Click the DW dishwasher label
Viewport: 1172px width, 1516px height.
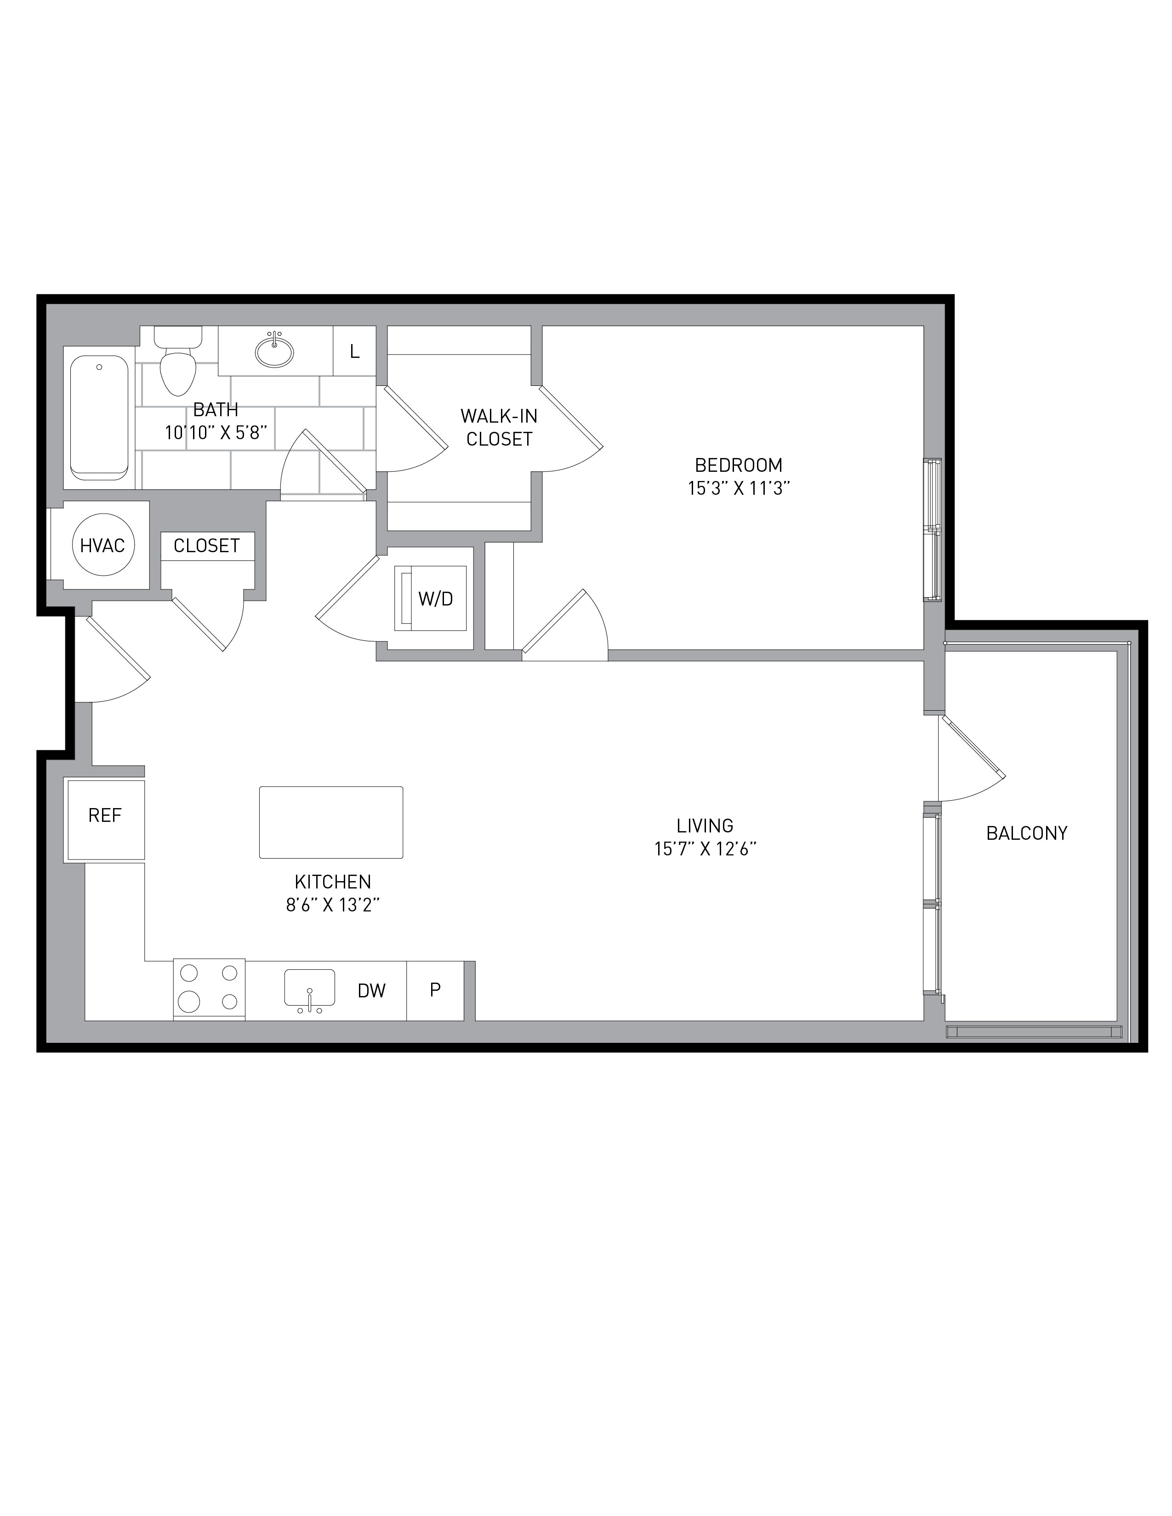point(371,990)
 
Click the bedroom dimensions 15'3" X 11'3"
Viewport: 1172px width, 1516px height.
point(739,488)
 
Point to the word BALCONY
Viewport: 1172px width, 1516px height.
point(1027,833)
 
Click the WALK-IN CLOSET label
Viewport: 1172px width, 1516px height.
point(499,428)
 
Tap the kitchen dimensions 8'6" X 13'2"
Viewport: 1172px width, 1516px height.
point(333,905)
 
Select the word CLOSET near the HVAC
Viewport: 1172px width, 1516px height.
point(206,546)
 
